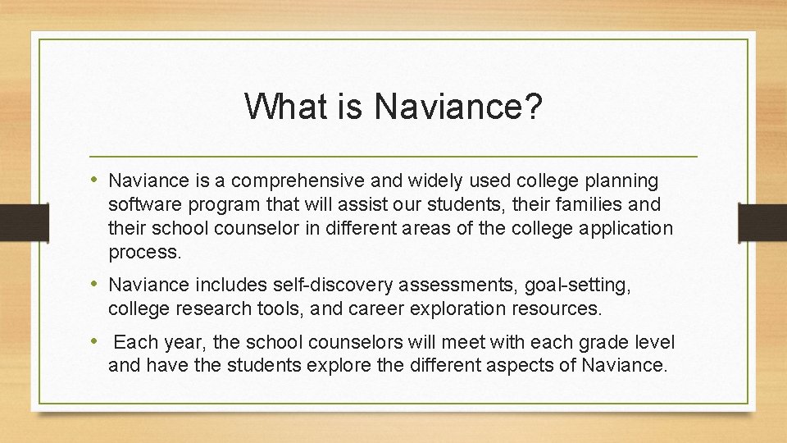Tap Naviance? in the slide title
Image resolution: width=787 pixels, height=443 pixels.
(456, 106)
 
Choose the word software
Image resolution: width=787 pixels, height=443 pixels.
(142, 203)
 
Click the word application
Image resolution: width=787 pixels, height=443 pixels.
(626, 227)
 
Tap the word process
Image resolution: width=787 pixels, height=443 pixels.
(144, 252)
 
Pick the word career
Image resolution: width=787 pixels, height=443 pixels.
(392, 309)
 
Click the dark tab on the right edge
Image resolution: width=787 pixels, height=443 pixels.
(762, 221)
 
